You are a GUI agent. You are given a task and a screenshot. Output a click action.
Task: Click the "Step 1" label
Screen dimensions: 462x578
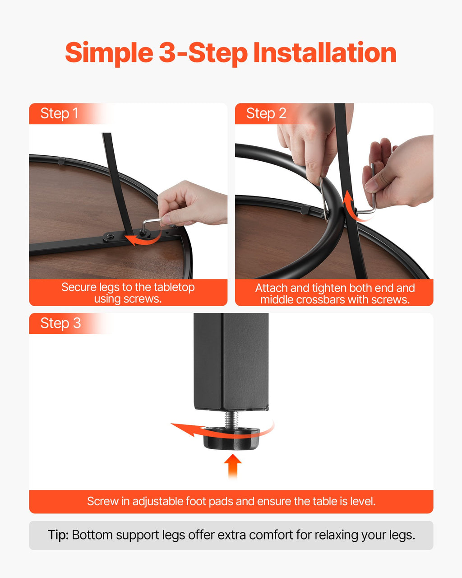(59, 113)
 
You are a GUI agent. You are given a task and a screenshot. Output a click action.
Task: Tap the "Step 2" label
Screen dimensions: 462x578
(266, 113)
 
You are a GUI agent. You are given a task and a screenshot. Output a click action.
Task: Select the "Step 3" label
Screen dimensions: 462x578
(60, 323)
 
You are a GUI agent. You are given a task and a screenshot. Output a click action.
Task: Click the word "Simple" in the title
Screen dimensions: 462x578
(109, 53)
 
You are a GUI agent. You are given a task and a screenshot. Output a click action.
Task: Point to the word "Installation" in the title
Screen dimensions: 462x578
(325, 52)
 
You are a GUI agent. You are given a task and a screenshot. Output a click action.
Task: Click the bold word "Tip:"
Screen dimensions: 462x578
(58, 535)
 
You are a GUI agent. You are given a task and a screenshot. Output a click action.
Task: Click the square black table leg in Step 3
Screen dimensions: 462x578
(231, 362)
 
